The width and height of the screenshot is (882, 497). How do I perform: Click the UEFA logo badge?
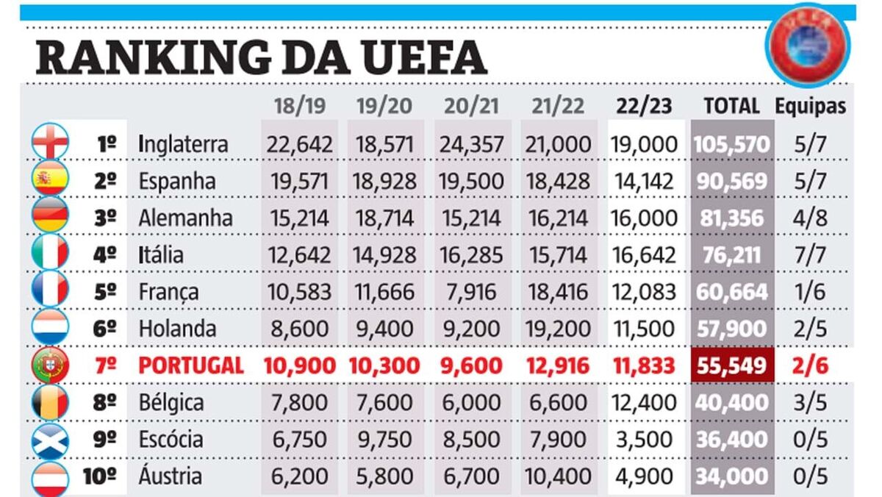click(806, 46)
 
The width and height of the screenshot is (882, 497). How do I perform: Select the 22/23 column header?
click(645, 106)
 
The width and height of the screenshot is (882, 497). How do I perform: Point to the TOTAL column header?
click(731, 106)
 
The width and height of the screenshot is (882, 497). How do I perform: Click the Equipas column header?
click(810, 106)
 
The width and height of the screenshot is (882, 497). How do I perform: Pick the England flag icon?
click(50, 141)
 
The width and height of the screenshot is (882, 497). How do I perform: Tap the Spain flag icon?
click(50, 179)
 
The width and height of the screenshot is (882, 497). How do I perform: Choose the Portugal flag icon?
click(50, 365)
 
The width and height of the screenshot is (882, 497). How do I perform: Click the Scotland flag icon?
click(50, 440)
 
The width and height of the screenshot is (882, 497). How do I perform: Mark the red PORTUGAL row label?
click(190, 365)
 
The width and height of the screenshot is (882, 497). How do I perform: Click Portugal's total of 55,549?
click(731, 365)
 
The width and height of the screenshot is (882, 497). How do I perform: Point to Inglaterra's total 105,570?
click(731, 144)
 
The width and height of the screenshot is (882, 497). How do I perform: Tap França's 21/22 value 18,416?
click(557, 292)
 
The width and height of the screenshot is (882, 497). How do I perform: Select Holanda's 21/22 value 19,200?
click(557, 329)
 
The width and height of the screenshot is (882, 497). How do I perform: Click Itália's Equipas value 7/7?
click(810, 255)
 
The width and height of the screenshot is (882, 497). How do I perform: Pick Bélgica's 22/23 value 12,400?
click(643, 403)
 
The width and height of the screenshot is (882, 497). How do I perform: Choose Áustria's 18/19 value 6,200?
click(299, 476)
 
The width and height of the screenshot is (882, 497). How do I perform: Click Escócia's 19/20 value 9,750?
click(386, 440)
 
